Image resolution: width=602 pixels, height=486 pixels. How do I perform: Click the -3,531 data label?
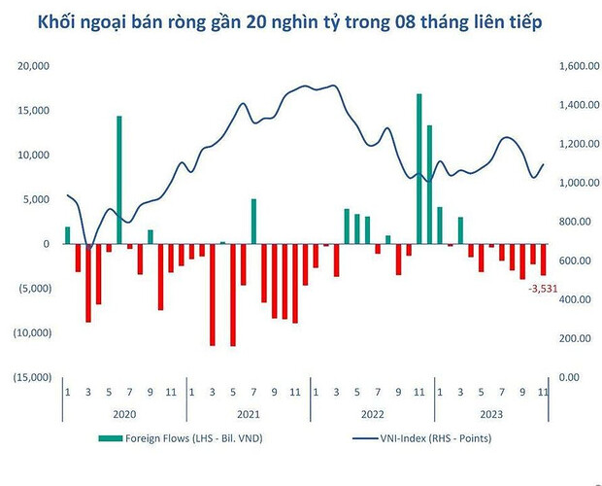541,289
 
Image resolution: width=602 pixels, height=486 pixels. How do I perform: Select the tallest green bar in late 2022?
418,168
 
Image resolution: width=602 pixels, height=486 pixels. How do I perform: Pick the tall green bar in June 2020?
119,180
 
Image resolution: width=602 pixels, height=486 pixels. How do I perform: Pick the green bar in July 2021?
253,222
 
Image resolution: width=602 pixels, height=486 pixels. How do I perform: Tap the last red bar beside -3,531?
544,260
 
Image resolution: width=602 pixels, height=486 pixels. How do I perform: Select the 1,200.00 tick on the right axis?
579,144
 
